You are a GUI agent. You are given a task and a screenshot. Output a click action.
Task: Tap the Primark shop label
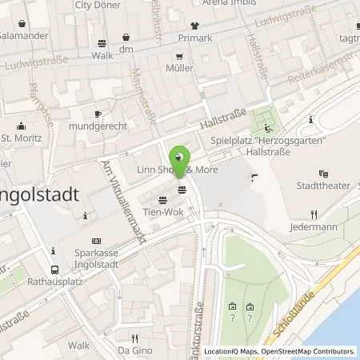coord(196,38)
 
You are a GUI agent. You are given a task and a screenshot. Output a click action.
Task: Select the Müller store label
coord(180,68)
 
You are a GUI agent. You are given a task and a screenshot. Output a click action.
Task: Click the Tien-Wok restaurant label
coord(162,212)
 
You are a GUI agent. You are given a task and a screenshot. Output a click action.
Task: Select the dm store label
coord(126,50)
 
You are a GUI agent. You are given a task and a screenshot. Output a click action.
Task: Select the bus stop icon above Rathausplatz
coord(54,270)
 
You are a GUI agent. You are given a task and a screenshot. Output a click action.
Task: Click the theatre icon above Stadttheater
coord(323,174)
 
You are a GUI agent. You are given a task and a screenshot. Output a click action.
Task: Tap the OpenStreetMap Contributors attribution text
coord(304,351)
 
